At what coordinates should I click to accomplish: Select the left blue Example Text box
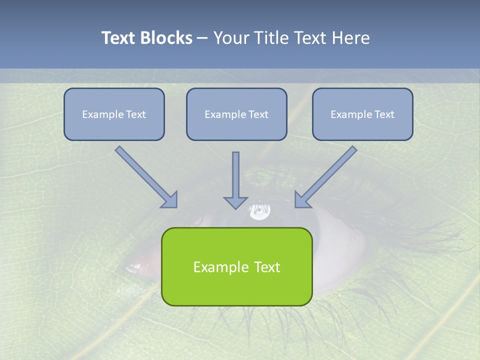pos(114,114)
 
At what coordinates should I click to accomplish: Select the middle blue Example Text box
pos(236,114)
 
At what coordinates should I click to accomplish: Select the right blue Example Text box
pos(362,114)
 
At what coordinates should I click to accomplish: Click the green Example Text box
pos(236,266)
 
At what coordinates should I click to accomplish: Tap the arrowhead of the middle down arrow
pos(236,202)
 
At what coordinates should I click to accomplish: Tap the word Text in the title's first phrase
pos(118,38)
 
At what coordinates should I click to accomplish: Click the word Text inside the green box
pos(267,267)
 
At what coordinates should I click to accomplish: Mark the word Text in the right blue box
pos(384,114)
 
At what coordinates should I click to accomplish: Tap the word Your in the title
pos(230,38)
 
